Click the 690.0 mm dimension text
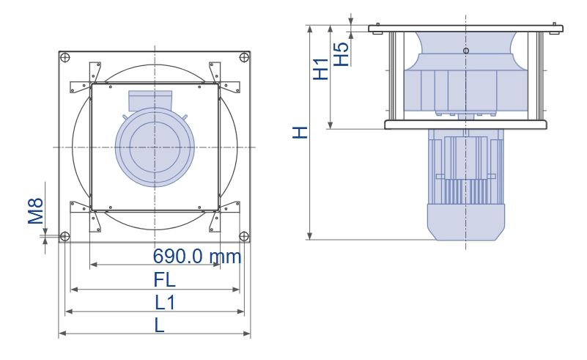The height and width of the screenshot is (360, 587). (197, 256)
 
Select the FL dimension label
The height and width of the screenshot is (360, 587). (164, 280)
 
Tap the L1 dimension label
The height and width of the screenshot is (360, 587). (165, 303)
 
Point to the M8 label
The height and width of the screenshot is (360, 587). (36, 211)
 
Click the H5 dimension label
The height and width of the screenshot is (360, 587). (341, 54)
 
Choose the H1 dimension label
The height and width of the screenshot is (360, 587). (321, 70)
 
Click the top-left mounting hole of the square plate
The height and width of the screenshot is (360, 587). (64, 58)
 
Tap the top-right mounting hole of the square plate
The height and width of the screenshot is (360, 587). (244, 57)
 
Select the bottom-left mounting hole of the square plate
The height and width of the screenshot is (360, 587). (64, 236)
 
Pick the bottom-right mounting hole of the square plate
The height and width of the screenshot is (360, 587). (244, 236)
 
